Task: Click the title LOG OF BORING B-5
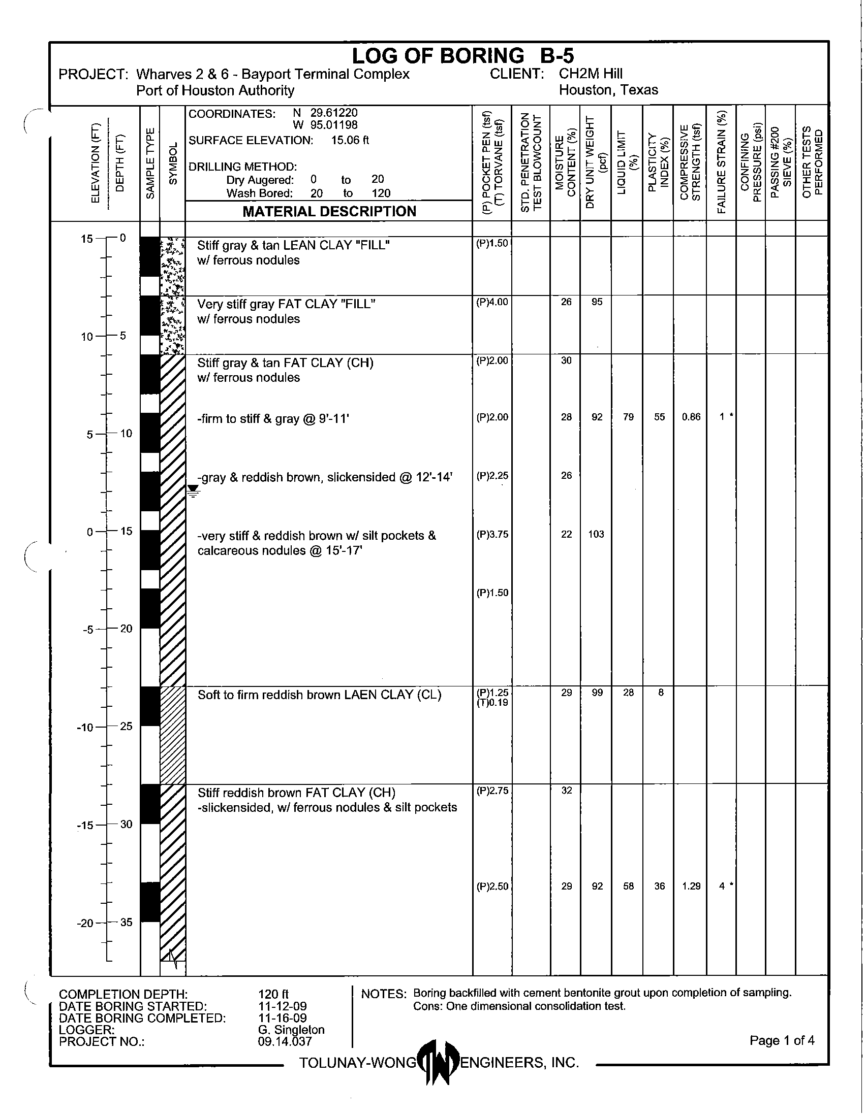[462, 56]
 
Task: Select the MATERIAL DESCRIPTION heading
[329, 211]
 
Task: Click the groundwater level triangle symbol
[193, 491]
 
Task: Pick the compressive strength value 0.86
[691, 417]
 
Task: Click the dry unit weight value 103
[596, 534]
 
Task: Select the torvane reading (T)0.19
[492, 703]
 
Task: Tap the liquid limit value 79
[628, 417]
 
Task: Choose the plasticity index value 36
[660, 886]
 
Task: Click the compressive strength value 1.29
[691, 886]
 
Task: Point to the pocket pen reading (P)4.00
[492, 302]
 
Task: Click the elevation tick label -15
[87, 825]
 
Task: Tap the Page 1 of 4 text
[782, 1040]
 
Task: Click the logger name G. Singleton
[291, 1030]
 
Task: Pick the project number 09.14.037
[285, 1041]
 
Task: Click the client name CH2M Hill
[591, 74]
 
